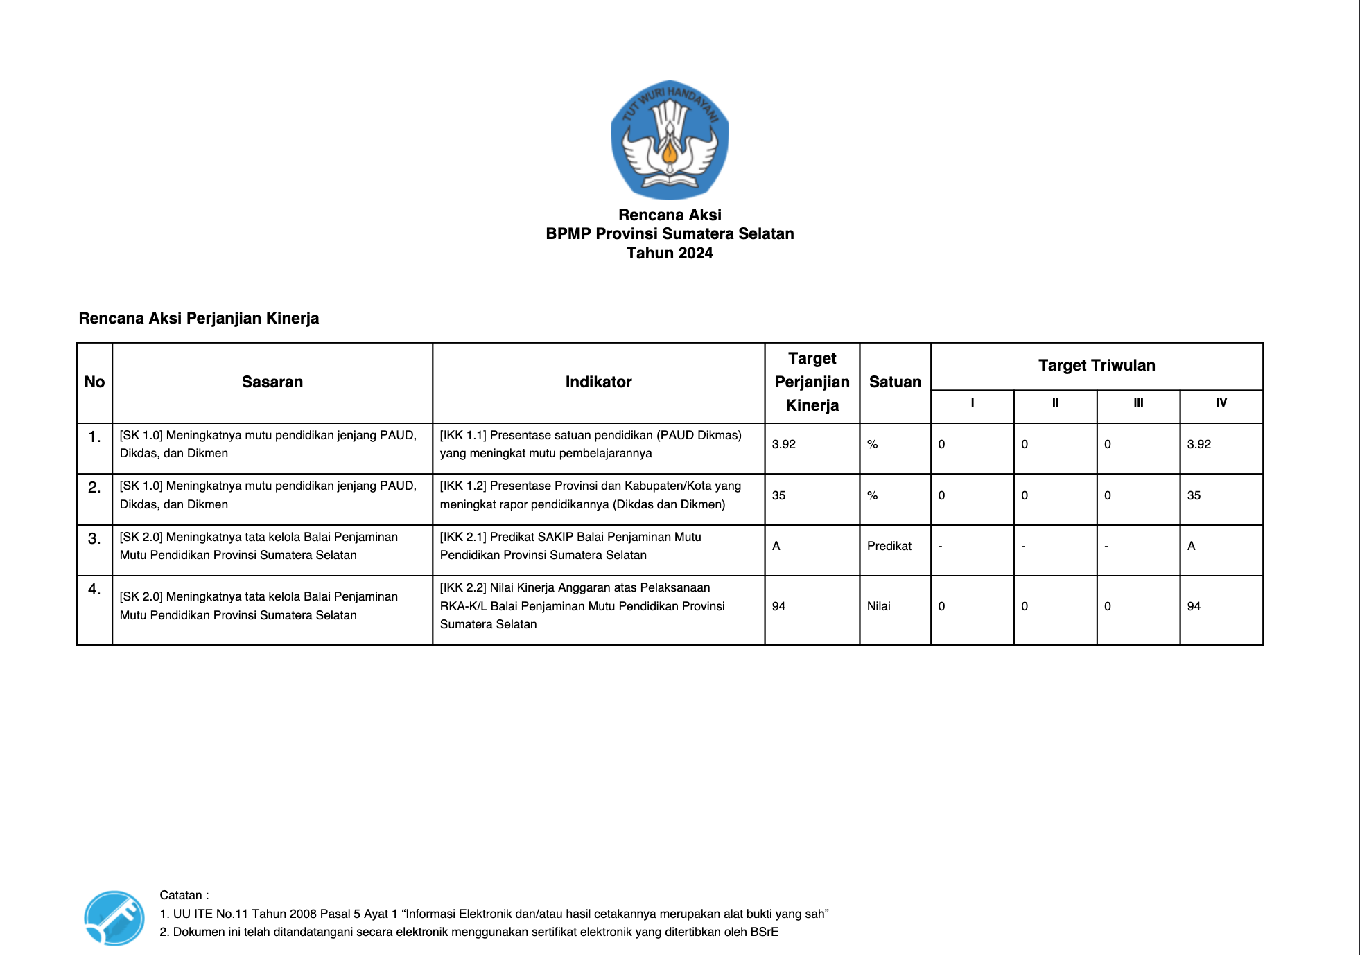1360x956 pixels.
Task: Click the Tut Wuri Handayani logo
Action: click(x=670, y=139)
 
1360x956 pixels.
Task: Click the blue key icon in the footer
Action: click(x=114, y=918)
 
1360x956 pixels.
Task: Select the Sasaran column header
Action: click(x=272, y=382)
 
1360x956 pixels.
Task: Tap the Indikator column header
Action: click(x=598, y=382)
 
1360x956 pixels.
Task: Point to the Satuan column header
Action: click(x=895, y=382)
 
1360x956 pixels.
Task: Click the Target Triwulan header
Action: click(x=1097, y=365)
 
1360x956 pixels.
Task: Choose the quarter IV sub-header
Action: click(x=1221, y=402)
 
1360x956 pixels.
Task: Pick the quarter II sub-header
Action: click(x=1055, y=402)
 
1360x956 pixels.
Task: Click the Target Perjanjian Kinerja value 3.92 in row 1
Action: click(x=784, y=444)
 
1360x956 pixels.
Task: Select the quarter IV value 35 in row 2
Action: click(x=1194, y=495)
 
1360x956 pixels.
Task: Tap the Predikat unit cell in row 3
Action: click(x=889, y=546)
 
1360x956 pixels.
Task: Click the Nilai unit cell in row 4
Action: click(x=878, y=606)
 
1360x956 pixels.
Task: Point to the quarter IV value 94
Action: click(x=1194, y=606)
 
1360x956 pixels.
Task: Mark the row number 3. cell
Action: click(x=94, y=539)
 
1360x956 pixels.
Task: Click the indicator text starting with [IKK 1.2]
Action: click(x=590, y=495)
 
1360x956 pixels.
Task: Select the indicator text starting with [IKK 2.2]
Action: click(x=582, y=606)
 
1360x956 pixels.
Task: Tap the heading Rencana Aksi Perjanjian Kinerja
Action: click(x=199, y=318)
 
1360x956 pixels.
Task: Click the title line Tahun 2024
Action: click(x=670, y=253)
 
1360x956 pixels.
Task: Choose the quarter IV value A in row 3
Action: click(x=1192, y=546)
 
